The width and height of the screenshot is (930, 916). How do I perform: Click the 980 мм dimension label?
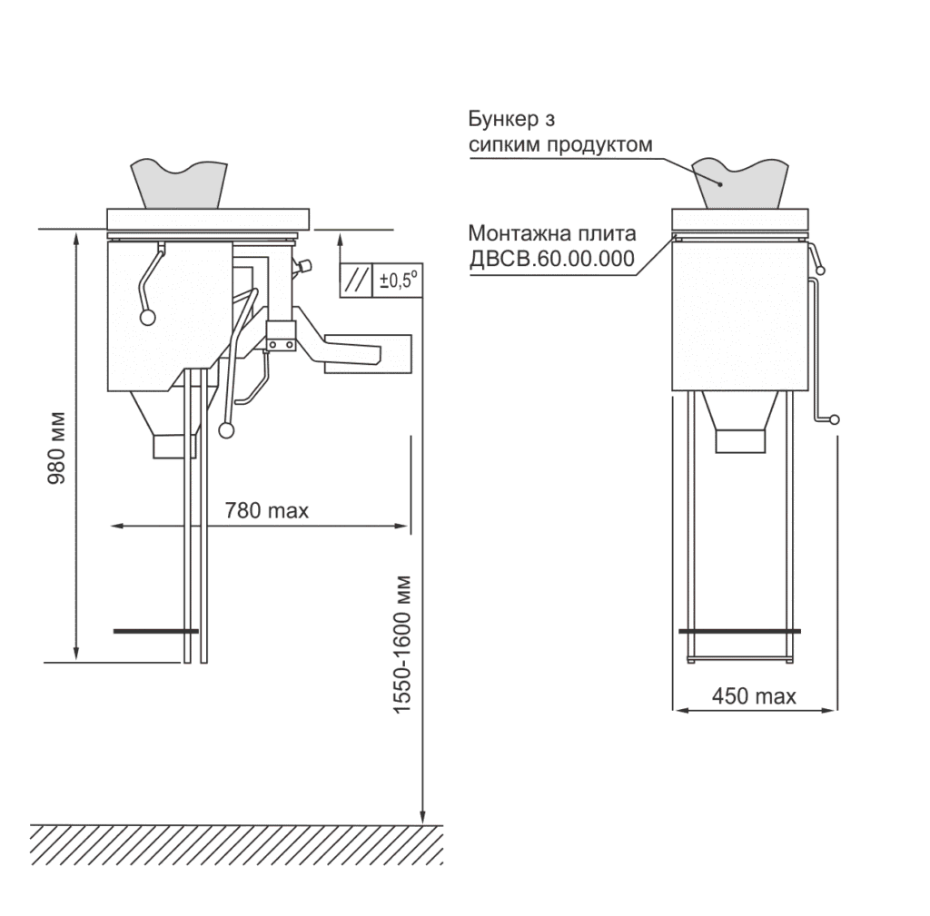tap(57, 448)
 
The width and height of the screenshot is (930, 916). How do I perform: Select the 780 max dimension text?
tap(267, 510)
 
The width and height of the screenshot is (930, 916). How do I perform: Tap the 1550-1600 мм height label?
tap(402, 645)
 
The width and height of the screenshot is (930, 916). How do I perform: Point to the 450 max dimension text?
tap(754, 696)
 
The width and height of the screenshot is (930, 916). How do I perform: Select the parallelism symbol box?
tap(356, 280)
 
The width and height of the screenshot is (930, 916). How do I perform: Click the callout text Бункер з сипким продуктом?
tap(560, 132)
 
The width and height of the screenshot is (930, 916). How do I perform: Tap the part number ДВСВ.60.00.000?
tap(551, 259)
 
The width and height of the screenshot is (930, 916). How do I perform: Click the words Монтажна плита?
tap(552, 233)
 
